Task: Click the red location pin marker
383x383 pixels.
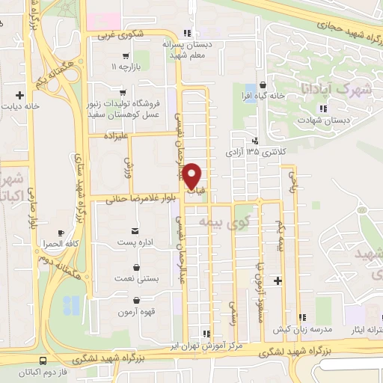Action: (191, 177)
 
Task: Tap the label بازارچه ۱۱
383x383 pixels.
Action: (125, 67)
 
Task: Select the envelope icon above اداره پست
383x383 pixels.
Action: (135, 230)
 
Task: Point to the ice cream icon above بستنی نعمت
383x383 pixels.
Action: (136, 266)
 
